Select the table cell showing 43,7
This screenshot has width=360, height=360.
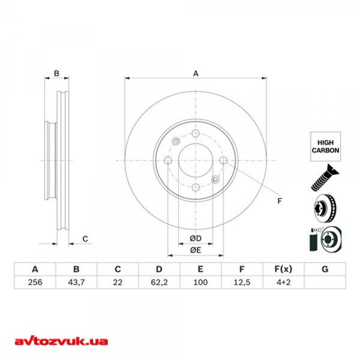[76, 284]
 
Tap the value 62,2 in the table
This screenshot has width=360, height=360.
[159, 284]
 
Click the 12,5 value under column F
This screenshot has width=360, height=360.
[242, 284]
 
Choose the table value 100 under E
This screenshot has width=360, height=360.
[200, 284]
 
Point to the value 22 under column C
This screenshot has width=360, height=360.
[118, 284]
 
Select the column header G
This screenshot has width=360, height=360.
[325, 269]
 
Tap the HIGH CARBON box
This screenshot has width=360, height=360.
[325, 146]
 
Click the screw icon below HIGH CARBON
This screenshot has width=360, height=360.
[325, 178]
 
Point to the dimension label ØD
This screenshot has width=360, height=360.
[195, 239]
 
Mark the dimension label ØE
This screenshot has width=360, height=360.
[195, 250]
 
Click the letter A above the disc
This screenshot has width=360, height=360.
[195, 74]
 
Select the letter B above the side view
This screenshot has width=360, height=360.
[56, 74]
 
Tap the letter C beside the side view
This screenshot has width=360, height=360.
[85, 239]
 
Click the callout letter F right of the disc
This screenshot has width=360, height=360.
[279, 201]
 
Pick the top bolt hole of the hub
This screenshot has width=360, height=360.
[195, 133]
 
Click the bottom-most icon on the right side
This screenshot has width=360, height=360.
[325, 239]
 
